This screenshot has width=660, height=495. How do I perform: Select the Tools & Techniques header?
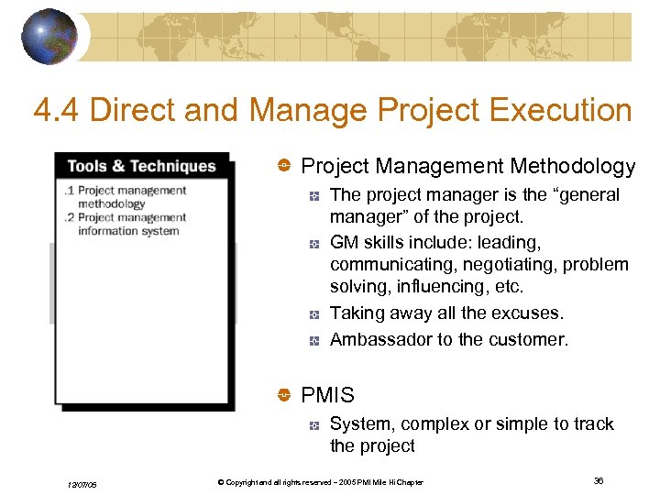(x=141, y=166)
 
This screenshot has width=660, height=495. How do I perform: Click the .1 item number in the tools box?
(x=70, y=191)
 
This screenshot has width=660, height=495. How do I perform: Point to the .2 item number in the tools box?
(x=70, y=217)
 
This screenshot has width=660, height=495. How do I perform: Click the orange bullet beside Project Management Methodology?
(x=284, y=166)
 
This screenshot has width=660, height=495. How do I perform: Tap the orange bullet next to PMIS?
(x=284, y=395)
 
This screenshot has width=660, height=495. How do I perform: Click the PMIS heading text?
(x=327, y=395)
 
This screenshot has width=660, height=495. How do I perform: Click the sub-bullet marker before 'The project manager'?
(x=313, y=195)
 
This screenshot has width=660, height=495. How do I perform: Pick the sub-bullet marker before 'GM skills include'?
(x=313, y=243)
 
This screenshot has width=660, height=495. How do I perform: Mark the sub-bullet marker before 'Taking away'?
(x=313, y=314)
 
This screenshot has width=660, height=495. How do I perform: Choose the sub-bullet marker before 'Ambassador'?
(x=313, y=340)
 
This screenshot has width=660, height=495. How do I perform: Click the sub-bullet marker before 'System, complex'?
(x=313, y=424)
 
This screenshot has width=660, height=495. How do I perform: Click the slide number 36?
(x=599, y=481)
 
